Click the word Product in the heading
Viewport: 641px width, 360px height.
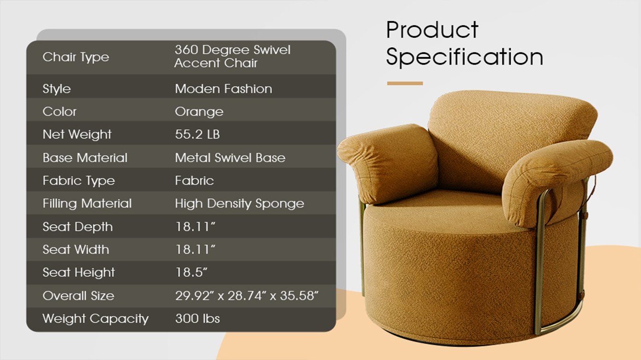(x=432, y=29)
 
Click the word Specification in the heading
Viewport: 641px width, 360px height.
(x=465, y=57)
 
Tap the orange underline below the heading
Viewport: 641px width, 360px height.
(x=405, y=83)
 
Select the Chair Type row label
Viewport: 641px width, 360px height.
(x=76, y=57)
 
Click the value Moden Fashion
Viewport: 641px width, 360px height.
(x=223, y=89)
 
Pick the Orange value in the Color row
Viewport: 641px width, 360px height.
(x=199, y=112)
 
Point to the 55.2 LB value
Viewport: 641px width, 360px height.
(x=198, y=134)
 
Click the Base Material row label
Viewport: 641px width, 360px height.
(x=85, y=158)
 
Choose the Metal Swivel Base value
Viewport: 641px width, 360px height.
(x=230, y=158)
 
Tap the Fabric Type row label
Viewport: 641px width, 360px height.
(x=79, y=181)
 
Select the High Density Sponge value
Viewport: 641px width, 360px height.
(x=240, y=204)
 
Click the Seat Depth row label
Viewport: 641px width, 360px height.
(x=77, y=227)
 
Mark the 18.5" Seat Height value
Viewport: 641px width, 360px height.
(x=191, y=273)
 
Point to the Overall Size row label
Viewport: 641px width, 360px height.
(x=78, y=296)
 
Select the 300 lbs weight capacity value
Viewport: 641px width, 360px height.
(x=198, y=319)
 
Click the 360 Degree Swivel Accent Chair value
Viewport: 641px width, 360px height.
(x=233, y=56)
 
